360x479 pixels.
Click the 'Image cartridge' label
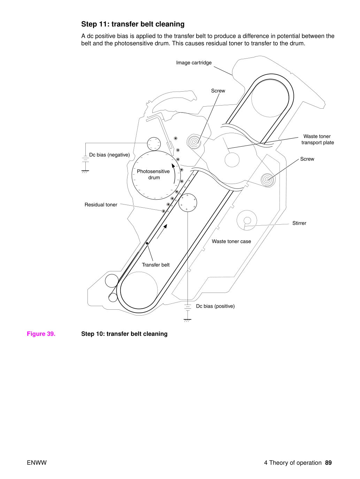pos(194,63)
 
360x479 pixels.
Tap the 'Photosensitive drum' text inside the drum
pos(153,175)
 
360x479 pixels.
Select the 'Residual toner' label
pos(101,205)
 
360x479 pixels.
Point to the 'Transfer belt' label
pos(156,265)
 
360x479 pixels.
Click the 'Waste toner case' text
pos(231,241)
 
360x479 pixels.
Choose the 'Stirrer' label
pos(299,223)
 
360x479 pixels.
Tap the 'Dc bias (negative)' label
pos(109,155)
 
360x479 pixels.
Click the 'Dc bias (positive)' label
pos(215,306)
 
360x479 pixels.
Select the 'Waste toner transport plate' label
pos(317,139)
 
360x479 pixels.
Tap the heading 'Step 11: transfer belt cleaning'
pos(133,24)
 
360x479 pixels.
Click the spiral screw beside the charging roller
pos(194,142)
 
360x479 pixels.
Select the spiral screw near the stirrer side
pos(268,180)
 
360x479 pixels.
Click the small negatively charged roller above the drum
pos(154,144)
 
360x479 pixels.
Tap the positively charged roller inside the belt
pos(188,203)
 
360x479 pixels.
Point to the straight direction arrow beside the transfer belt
pos(162,231)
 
